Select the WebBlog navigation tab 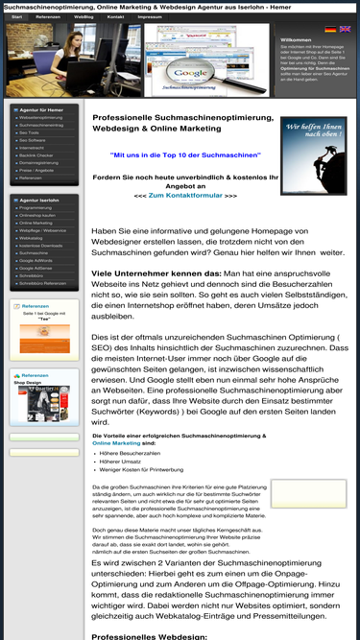click(84, 17)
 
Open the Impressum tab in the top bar click(149, 17)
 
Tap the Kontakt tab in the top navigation click(115, 17)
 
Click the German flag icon click(331, 30)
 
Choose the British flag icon click(346, 30)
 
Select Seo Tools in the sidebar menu click(29, 132)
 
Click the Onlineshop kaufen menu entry click(39, 215)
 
